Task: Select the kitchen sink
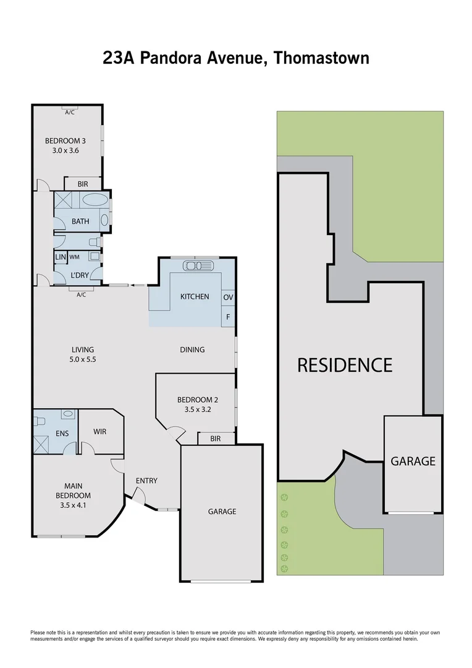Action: pyautogui.click(x=198, y=266)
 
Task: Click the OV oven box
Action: pyautogui.click(x=228, y=298)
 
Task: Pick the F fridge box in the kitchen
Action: pyautogui.click(x=228, y=317)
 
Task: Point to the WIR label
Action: pyautogui.click(x=99, y=431)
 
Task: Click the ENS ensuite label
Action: pyautogui.click(x=62, y=433)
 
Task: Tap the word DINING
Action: pyautogui.click(x=192, y=349)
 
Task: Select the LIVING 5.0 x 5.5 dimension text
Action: pyautogui.click(x=82, y=359)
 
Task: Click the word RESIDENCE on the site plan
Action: pyautogui.click(x=345, y=365)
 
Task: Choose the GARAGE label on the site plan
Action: pyautogui.click(x=413, y=461)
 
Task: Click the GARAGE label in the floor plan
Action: pyautogui.click(x=222, y=512)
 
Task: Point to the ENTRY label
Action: pyautogui.click(x=146, y=481)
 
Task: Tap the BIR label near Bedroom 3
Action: pyautogui.click(x=83, y=184)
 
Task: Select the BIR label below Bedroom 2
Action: pyautogui.click(x=216, y=439)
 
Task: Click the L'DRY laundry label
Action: pyautogui.click(x=78, y=275)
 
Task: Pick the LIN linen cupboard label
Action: pyautogui.click(x=60, y=257)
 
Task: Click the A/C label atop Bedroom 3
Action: pyautogui.click(x=69, y=112)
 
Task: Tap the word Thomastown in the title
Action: pyautogui.click(x=321, y=58)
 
